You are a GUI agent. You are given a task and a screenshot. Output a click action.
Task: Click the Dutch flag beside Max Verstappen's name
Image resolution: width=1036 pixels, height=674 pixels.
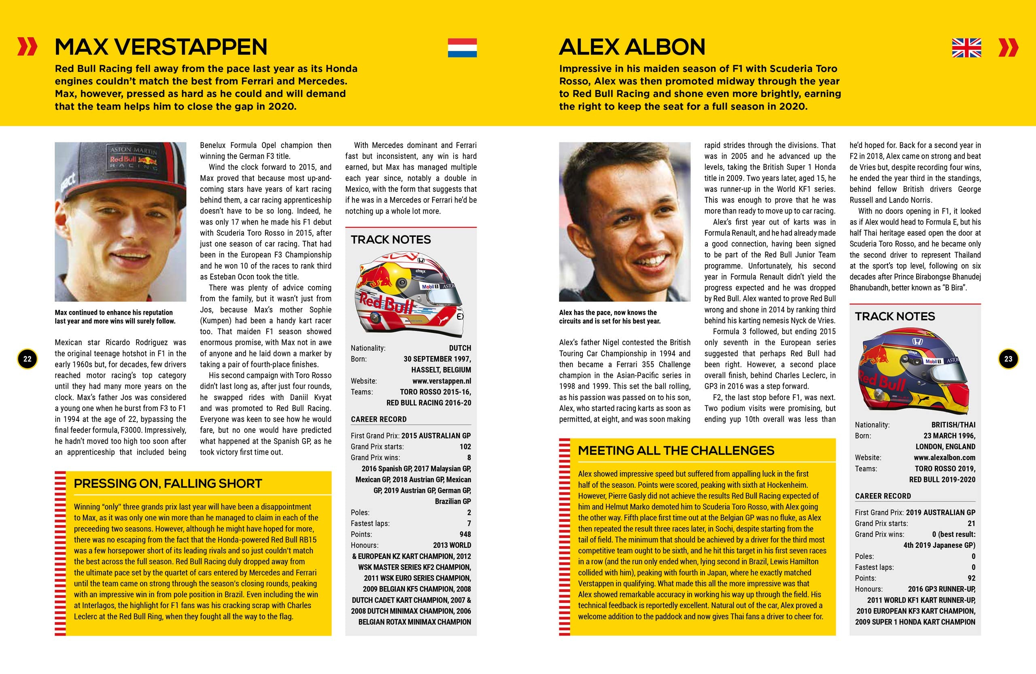point(462,48)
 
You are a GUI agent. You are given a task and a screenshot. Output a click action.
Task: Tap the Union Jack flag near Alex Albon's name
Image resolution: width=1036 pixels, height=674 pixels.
point(966,48)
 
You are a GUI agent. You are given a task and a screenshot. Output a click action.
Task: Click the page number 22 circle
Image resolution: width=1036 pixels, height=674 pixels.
point(28,359)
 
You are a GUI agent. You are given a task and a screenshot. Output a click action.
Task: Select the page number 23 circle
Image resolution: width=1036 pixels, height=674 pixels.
point(1008,359)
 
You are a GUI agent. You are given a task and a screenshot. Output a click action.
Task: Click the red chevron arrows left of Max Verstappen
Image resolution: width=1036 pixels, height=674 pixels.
point(27,47)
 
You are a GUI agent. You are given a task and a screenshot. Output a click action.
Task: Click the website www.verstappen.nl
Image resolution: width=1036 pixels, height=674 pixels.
point(442,381)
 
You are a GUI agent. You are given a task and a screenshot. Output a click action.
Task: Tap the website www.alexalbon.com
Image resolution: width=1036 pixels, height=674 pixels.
point(944,458)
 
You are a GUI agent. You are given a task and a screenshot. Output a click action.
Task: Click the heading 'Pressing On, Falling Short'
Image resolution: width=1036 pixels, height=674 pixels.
point(168,484)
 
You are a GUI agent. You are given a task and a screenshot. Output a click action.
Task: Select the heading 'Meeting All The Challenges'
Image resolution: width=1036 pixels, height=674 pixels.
point(676,451)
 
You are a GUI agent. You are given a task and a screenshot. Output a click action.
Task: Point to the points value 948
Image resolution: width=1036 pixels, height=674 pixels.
point(465,534)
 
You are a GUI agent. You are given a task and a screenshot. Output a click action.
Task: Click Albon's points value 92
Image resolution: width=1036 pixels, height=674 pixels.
point(971,578)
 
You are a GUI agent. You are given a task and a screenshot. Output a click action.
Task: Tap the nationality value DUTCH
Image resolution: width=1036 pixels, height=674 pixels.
point(460,348)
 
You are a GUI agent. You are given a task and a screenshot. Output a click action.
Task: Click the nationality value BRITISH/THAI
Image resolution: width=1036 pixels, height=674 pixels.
point(953,425)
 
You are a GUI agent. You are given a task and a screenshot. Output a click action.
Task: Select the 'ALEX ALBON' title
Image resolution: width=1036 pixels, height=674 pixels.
point(632,47)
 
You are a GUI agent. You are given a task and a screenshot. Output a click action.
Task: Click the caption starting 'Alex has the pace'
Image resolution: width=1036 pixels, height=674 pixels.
point(609,317)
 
